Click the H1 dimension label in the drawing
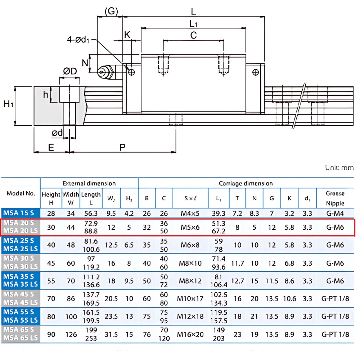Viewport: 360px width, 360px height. click(9, 105)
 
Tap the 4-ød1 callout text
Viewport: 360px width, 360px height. click(78, 39)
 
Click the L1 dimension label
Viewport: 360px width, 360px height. click(193, 24)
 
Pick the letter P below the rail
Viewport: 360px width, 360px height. click(122, 147)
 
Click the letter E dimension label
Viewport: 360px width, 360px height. click(51, 147)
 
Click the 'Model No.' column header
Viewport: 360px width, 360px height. click(21, 193)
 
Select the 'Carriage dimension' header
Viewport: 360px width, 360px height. click(246, 183)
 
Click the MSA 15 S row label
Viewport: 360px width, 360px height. click(20, 213)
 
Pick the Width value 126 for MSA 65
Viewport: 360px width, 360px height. click(71, 334)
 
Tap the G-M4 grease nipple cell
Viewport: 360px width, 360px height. click(335, 213)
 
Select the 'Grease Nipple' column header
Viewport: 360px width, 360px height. click(335, 198)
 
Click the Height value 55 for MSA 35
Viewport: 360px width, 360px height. click(51, 281)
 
